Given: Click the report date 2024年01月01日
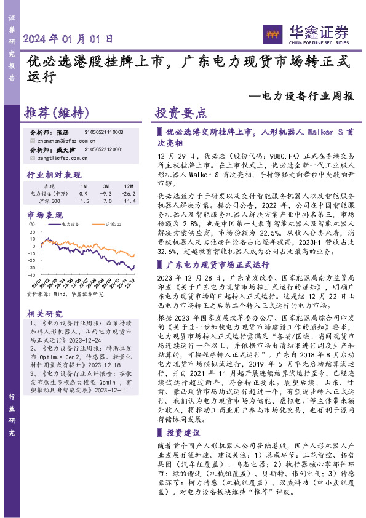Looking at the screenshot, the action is point(68,38).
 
